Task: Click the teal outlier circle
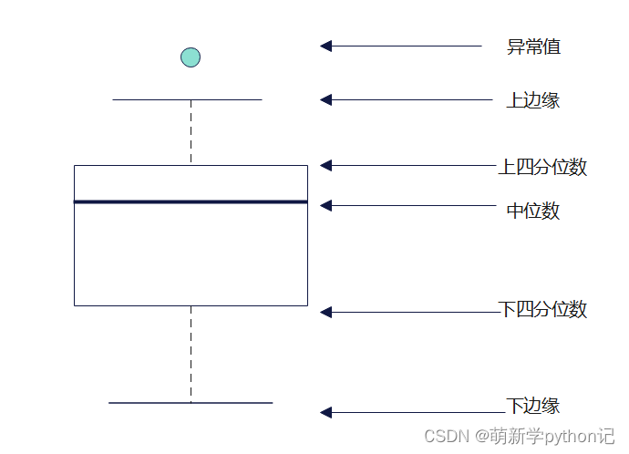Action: (x=190, y=57)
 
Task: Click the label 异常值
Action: (x=533, y=46)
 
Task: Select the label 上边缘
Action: (x=532, y=100)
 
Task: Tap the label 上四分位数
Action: (x=542, y=167)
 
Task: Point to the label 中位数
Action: (x=532, y=211)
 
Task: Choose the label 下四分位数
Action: (x=543, y=309)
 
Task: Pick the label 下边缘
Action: (x=532, y=406)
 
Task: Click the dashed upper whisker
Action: (x=191, y=132)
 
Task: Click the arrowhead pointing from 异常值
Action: (x=326, y=46)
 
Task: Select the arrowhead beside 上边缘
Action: (x=326, y=99)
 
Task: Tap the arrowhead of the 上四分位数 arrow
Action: (x=326, y=165)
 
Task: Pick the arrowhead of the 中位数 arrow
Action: (x=326, y=206)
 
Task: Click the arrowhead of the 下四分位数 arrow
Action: (x=326, y=312)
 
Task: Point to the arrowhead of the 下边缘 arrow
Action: (x=326, y=412)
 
